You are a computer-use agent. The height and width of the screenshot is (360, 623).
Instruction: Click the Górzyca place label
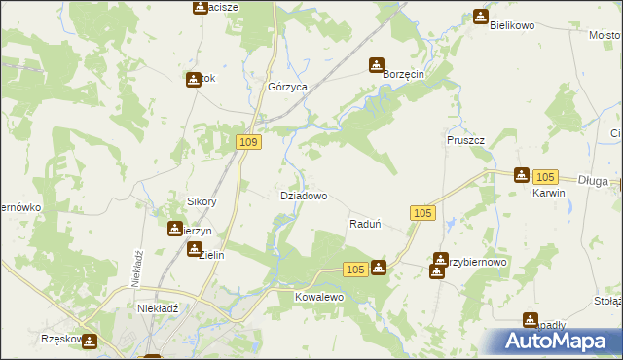tap(287, 87)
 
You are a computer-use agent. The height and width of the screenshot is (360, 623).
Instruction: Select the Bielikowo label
tap(513, 25)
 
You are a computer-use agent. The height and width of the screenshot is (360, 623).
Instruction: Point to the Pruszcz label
tap(465, 140)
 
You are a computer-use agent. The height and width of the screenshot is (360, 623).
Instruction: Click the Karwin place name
tap(549, 193)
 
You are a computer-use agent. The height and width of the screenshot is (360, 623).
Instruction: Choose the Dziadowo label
tap(303, 196)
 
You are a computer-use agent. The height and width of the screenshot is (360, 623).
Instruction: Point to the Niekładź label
tap(150, 308)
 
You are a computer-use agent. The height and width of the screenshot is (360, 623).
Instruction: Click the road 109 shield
tap(249, 143)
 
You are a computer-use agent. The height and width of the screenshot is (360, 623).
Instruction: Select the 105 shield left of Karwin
tap(545, 176)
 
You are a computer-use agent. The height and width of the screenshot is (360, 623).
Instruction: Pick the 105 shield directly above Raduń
tap(421, 213)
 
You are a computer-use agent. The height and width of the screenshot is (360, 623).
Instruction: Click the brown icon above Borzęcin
tap(377, 65)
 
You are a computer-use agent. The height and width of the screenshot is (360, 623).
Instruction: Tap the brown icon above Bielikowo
tap(480, 17)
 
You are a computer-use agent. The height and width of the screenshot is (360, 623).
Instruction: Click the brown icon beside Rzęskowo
tap(90, 342)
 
